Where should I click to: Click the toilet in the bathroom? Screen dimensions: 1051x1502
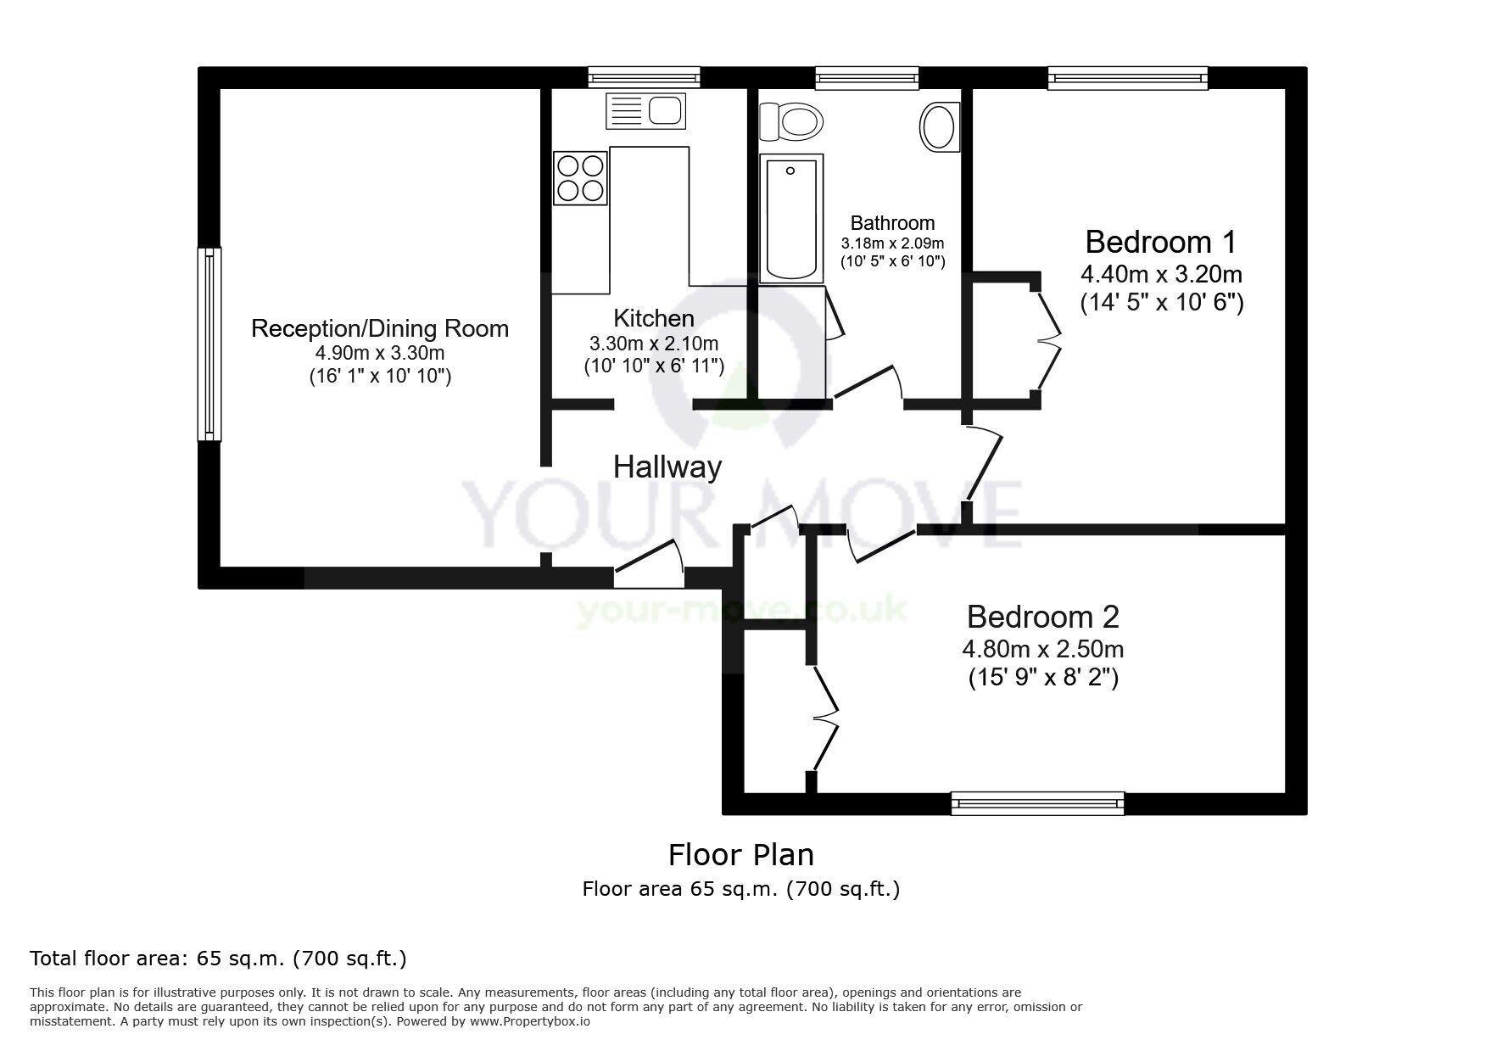point(792,122)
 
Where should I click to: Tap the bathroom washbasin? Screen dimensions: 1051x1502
point(938,127)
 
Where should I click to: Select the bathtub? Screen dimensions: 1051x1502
point(791,218)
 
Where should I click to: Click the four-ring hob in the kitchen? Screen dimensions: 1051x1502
point(580,178)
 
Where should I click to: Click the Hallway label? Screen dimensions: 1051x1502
point(667,467)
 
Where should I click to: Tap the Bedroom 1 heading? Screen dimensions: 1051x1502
point(1160,243)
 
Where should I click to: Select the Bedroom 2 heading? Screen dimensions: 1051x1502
point(1042,617)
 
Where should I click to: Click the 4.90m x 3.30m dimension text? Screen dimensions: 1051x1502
point(380,353)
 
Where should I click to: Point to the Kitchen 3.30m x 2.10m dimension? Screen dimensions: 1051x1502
point(653,344)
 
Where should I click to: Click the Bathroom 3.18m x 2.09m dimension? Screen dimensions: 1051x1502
point(892,243)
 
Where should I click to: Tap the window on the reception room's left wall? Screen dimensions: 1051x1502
point(209,344)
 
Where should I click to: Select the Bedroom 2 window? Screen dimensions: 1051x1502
point(1037,802)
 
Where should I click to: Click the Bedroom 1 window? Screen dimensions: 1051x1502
point(1127,79)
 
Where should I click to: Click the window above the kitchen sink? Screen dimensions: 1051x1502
point(645,78)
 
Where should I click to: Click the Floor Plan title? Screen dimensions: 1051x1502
point(740,855)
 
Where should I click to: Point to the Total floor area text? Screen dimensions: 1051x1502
point(218,959)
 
